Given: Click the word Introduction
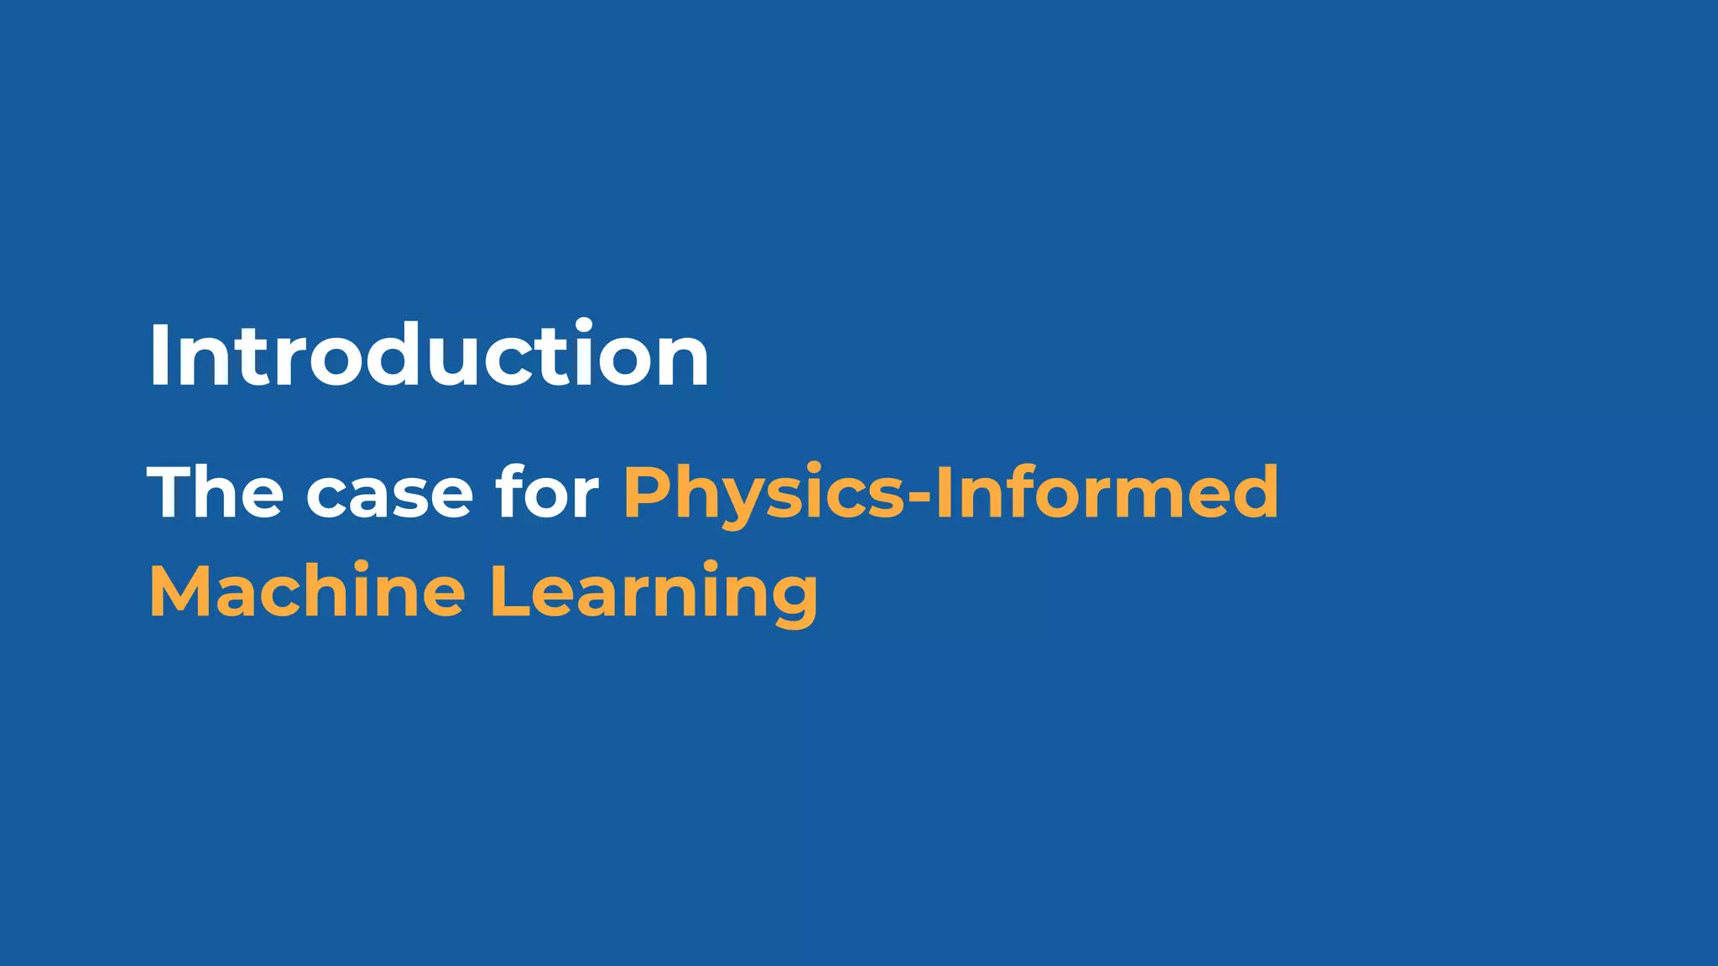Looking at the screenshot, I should click(x=429, y=356).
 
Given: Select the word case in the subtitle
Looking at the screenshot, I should click(x=389, y=495).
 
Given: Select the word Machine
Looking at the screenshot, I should click(x=307, y=591).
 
